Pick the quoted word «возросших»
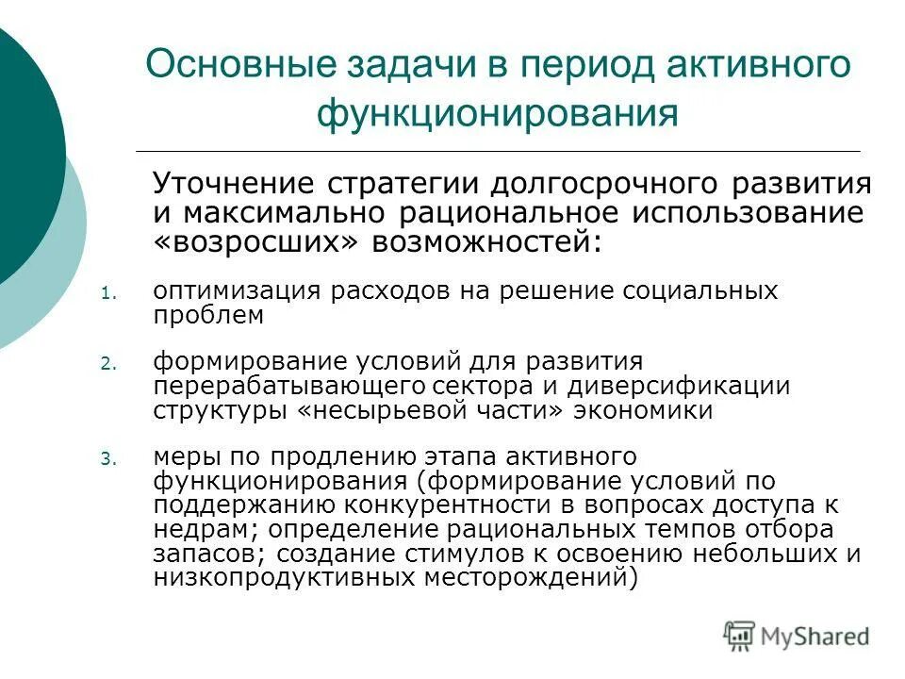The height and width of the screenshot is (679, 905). (x=255, y=243)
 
